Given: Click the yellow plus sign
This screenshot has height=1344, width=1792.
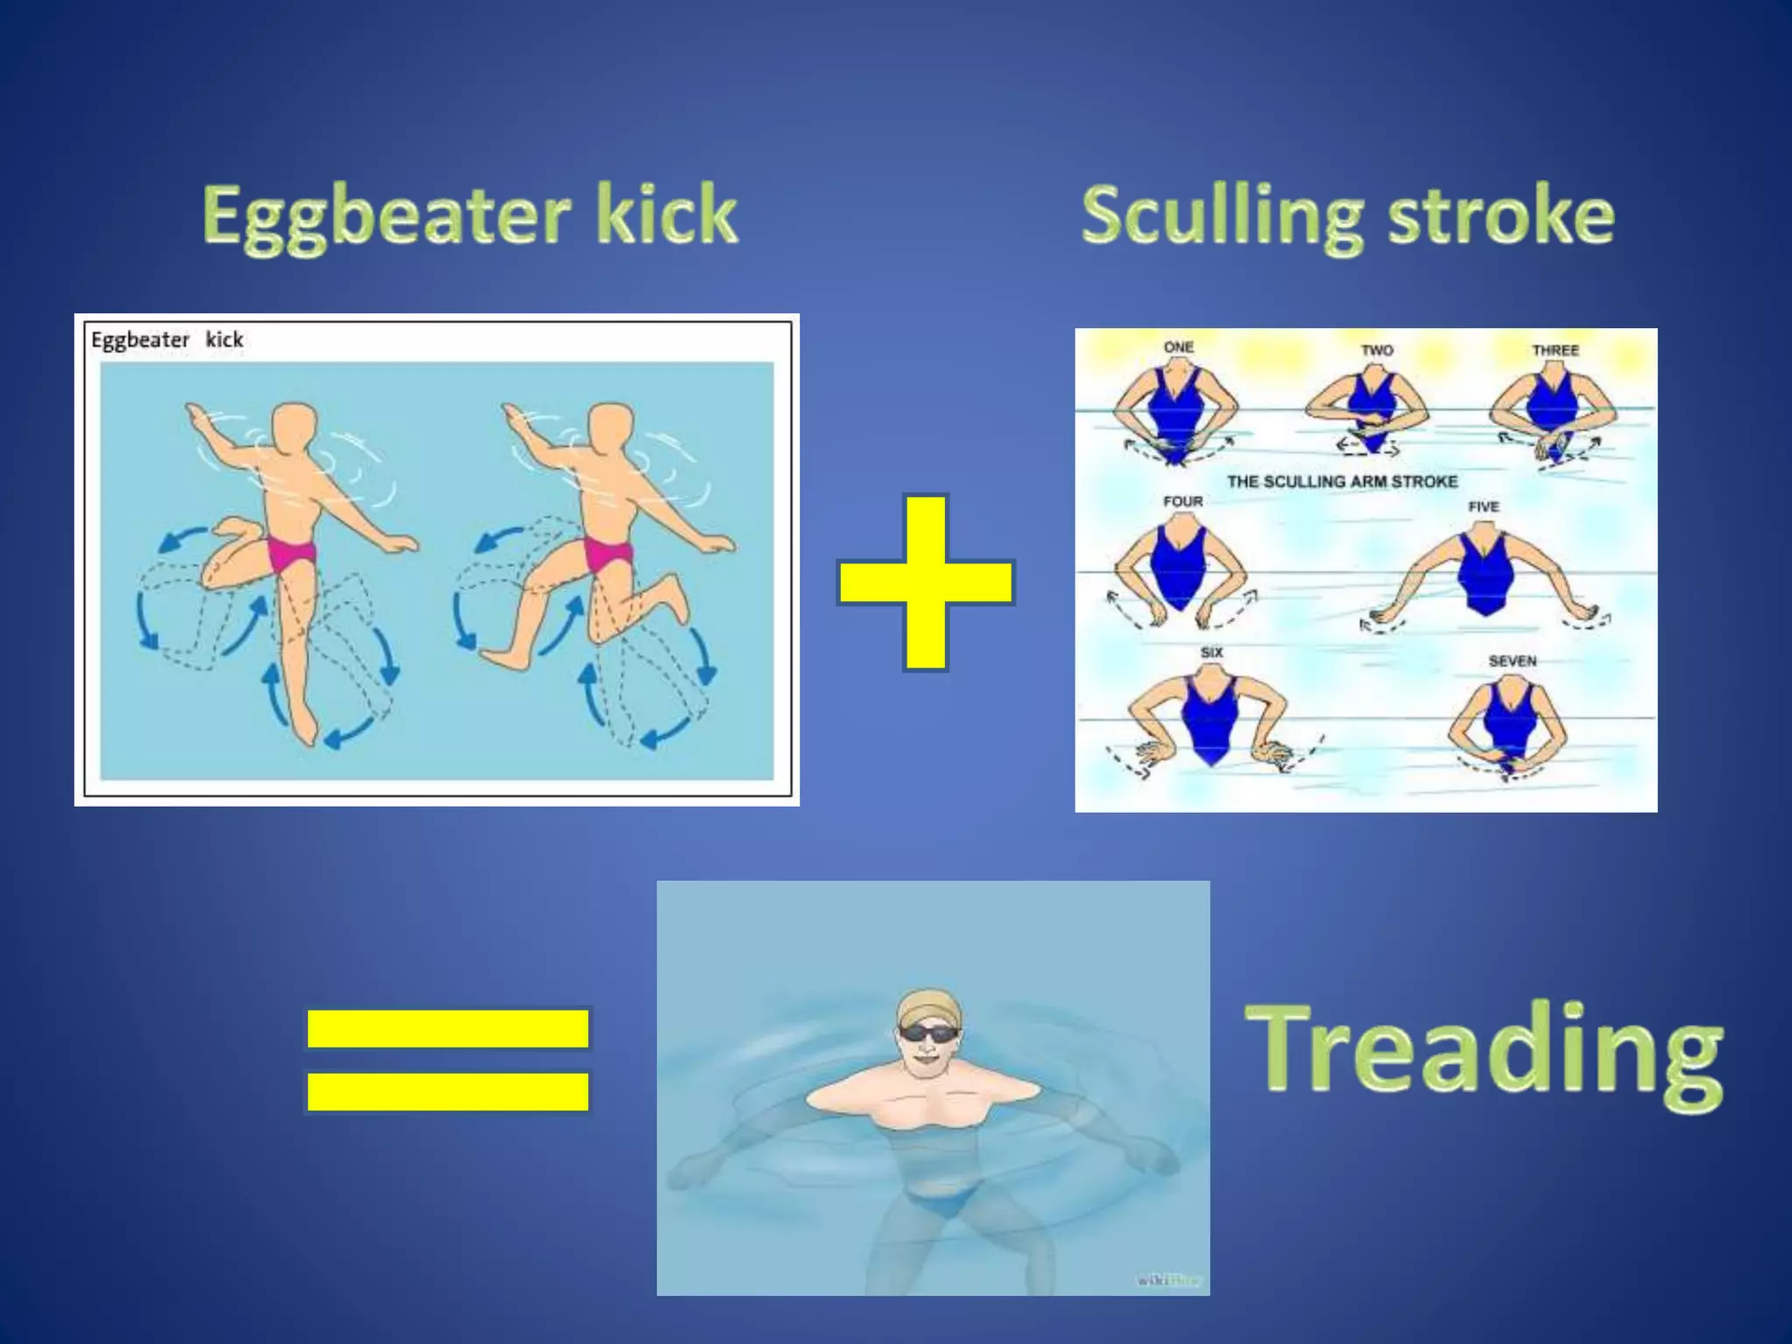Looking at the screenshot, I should [926, 582].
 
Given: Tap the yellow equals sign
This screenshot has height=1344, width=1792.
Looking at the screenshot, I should [447, 1060].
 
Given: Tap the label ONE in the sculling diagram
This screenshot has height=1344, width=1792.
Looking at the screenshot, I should [1179, 346].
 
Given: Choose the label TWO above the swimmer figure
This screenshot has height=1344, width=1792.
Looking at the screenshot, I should [1376, 350].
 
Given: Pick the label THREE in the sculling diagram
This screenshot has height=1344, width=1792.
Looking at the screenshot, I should [1555, 350].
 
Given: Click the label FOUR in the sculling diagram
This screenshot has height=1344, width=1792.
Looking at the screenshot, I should [1183, 501].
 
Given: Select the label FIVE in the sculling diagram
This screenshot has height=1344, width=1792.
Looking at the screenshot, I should [1483, 507].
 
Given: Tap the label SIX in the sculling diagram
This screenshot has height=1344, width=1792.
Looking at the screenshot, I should [1212, 652].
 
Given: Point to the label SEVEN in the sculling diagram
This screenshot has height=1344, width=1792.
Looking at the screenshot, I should [1512, 661].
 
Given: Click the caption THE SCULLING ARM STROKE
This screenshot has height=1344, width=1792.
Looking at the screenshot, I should [1342, 481].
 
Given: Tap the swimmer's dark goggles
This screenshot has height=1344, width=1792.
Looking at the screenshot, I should [927, 1033].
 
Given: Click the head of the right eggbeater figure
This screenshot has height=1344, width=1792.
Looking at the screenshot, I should [610, 430].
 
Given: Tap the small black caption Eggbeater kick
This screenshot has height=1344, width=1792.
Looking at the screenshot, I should [167, 339].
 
